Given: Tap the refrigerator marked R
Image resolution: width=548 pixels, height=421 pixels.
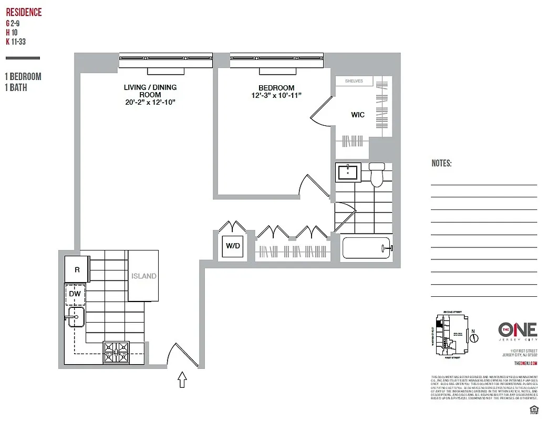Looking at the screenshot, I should click(x=77, y=269).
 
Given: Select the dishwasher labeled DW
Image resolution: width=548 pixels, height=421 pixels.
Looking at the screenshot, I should click(x=75, y=294).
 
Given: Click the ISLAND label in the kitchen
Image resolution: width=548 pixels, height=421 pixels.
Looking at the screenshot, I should click(x=143, y=276).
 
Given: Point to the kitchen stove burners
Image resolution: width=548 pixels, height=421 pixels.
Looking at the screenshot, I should click(x=116, y=352).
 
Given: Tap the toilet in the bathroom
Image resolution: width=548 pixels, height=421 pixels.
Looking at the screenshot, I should click(x=377, y=175).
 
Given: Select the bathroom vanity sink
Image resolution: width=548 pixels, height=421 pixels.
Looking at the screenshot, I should click(x=347, y=172).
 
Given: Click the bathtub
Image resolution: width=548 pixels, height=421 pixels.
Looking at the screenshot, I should click(x=367, y=248).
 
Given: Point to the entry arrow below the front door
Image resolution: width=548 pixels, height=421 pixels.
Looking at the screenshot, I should click(x=182, y=379).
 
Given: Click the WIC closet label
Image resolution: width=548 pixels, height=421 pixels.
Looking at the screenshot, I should click(x=358, y=115).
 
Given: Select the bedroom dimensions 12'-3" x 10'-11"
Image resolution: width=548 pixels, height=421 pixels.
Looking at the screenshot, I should click(x=276, y=96).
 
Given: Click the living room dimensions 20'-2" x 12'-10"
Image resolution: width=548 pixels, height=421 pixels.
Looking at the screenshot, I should click(x=150, y=102).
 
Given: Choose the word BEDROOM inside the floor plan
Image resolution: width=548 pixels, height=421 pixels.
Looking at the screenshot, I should click(x=276, y=88).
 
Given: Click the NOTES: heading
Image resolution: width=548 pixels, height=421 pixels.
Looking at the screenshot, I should click(x=441, y=164).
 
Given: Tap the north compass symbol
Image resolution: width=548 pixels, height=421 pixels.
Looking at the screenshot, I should click(x=473, y=337).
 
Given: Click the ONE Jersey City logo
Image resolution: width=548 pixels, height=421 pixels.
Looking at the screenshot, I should click(x=517, y=332).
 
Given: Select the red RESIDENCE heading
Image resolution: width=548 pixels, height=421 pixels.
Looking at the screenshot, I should click(x=24, y=13).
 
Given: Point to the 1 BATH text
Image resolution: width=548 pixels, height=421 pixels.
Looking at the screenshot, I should click(x=16, y=88).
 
